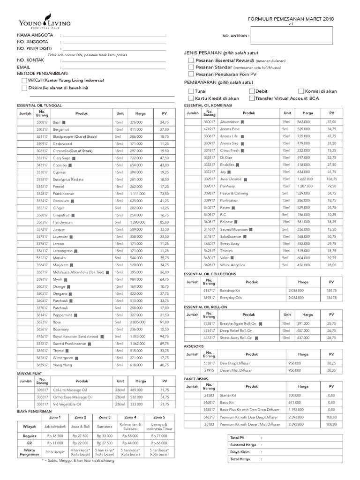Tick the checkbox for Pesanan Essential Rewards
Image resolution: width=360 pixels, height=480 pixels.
191,61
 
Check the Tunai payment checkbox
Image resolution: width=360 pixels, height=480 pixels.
191,91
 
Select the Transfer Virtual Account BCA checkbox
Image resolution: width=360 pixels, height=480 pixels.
252,98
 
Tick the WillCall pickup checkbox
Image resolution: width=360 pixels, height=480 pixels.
24,81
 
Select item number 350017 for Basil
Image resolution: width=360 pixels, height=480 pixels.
42,122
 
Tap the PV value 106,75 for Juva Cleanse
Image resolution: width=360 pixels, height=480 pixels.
331,179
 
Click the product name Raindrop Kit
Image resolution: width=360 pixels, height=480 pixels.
229,290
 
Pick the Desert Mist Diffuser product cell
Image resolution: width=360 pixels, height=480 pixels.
237,370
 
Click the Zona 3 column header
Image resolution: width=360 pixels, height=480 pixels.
104,417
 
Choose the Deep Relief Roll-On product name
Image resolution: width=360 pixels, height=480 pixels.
236,330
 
